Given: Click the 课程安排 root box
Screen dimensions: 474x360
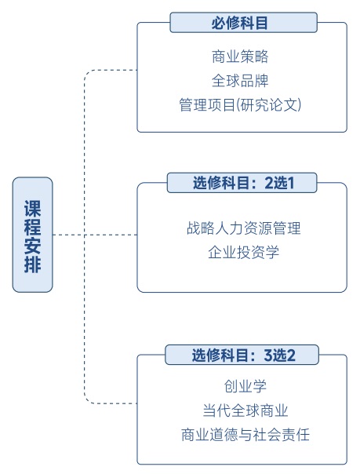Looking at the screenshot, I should click(32, 235).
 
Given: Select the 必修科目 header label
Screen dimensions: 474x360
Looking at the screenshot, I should click(243, 23).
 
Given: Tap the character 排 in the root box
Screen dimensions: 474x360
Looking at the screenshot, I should click(32, 263).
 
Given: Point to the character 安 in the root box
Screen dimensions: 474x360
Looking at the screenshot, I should click(32, 245).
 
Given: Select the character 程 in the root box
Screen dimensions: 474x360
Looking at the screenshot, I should click(32, 226).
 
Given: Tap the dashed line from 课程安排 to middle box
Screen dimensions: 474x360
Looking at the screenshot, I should click(94, 235).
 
